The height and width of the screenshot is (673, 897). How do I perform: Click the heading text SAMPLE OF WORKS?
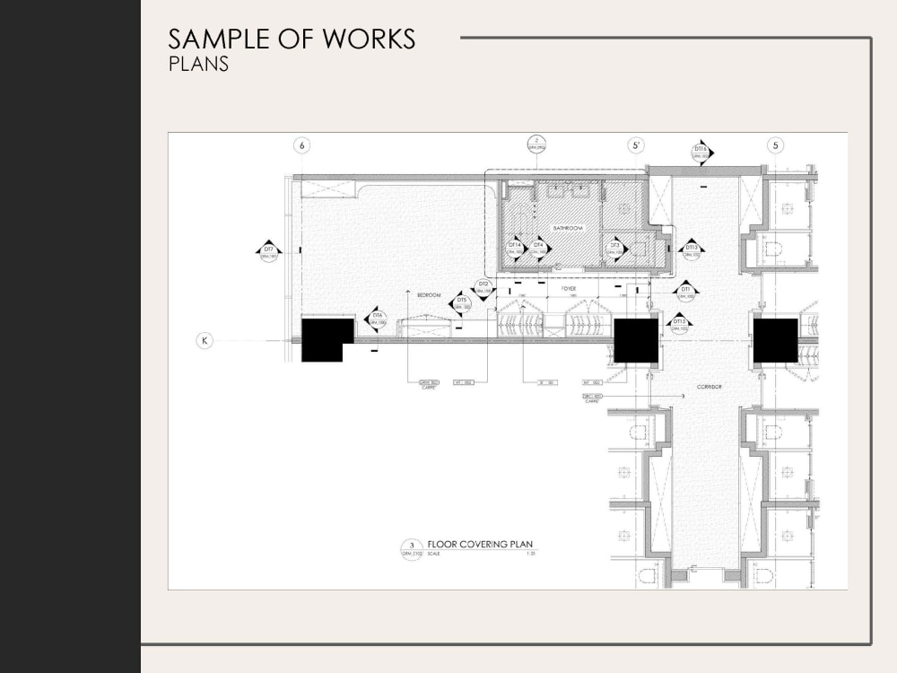click(292, 39)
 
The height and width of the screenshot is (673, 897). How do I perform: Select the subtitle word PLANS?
click(198, 65)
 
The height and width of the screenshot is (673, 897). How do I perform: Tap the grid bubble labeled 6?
click(302, 145)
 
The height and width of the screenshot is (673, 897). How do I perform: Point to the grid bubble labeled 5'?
click(636, 145)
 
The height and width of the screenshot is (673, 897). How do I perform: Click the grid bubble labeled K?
click(205, 340)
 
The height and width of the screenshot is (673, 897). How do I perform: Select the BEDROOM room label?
click(429, 294)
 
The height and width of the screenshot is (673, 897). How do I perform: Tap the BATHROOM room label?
click(568, 229)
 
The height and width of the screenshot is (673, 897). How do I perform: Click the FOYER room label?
click(569, 289)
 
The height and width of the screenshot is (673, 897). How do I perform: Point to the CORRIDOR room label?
click(710, 387)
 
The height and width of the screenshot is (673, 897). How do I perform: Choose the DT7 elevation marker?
click(268, 252)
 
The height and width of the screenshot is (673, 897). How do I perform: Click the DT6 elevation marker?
click(378, 319)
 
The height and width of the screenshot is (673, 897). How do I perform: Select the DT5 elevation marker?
click(461, 304)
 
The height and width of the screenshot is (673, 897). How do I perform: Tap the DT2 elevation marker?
click(483, 287)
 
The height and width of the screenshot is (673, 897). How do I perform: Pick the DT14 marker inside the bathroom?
click(515, 248)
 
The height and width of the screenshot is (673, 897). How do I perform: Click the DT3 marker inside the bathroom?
click(614, 248)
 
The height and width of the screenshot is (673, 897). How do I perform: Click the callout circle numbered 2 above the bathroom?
click(536, 144)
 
